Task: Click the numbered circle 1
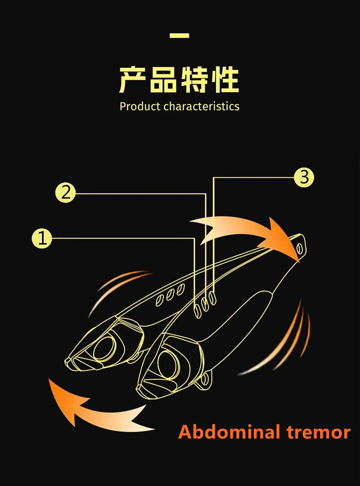pyautogui.click(x=42, y=238)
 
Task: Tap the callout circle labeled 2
pyautogui.click(x=66, y=193)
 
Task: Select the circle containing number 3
pyautogui.click(x=304, y=177)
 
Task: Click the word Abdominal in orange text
pyautogui.click(x=229, y=432)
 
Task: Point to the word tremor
pyautogui.click(x=319, y=432)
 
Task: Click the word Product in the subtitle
pyautogui.click(x=140, y=107)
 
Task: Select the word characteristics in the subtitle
pyautogui.click(x=202, y=107)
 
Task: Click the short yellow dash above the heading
pyautogui.click(x=180, y=36)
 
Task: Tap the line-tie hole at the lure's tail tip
pyautogui.click(x=299, y=247)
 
